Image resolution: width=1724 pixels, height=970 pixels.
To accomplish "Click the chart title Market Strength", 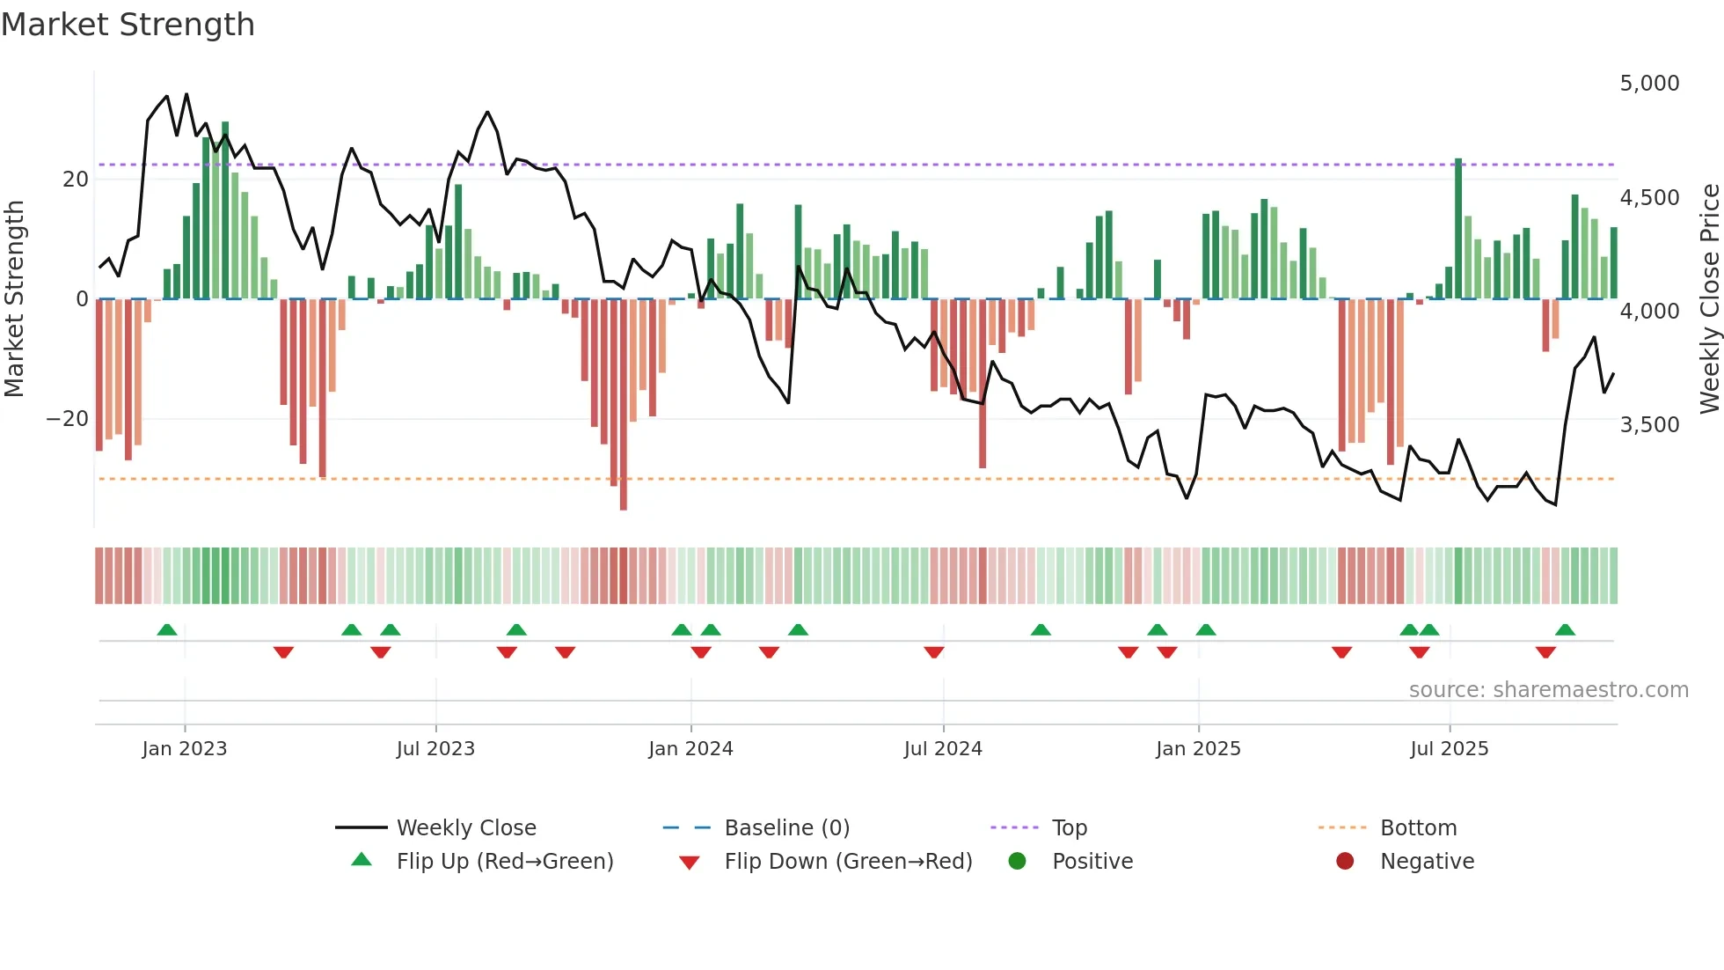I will click(128, 25).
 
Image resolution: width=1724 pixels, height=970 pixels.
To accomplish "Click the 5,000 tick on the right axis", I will click(1649, 84).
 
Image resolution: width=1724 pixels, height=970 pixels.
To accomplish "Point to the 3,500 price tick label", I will click(1649, 425).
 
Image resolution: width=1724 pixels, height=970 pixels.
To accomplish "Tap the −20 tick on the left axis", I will click(67, 419).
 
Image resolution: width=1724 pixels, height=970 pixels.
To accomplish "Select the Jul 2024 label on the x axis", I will click(943, 749).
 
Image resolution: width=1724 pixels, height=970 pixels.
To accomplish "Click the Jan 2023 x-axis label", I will click(185, 749).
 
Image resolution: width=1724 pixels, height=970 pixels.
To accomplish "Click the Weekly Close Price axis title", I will click(1709, 299).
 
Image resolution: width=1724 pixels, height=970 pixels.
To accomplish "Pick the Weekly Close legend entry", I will click(465, 828).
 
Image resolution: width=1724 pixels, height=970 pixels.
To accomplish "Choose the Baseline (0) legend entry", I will click(786, 828).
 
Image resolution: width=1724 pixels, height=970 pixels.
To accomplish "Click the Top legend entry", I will click(1069, 828).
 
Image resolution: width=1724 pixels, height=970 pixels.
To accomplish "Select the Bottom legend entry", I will click(1418, 828).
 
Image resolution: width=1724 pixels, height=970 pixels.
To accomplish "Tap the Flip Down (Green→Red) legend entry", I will click(847, 862).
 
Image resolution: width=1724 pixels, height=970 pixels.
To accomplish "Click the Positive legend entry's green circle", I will click(1018, 862).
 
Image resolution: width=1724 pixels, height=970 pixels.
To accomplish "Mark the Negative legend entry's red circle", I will click(1345, 862).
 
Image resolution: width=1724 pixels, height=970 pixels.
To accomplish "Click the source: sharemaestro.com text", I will click(1548, 690).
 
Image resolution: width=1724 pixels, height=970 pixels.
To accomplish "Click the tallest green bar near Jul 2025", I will click(1458, 229).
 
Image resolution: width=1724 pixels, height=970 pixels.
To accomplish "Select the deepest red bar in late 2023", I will click(624, 405).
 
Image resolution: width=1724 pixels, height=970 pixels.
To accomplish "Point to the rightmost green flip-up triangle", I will click(1565, 630).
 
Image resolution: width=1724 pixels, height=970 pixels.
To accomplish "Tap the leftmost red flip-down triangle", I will click(283, 652).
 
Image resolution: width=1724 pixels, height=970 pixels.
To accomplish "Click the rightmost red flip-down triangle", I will click(1545, 652).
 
